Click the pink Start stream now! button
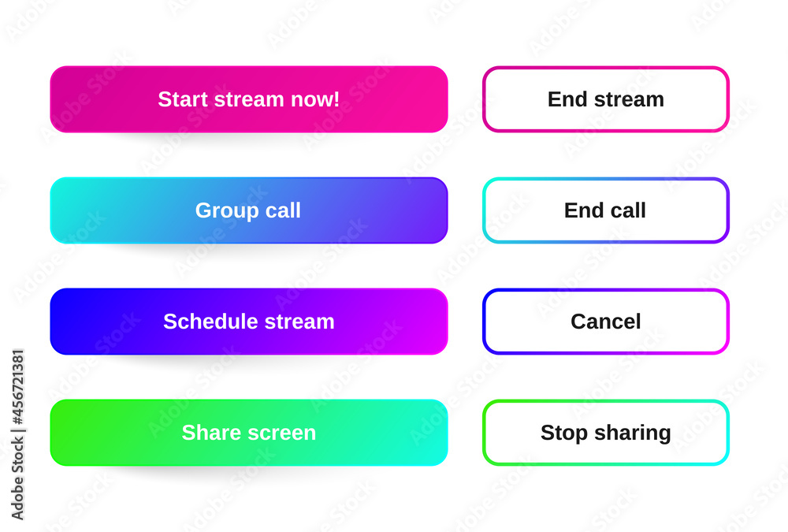click(249, 99)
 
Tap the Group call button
click(249, 210)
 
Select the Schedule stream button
click(249, 322)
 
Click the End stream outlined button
click(605, 99)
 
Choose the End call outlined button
click(605, 210)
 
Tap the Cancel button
click(605, 322)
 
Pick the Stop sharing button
click(605, 433)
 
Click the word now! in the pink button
click(315, 99)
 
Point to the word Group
click(227, 211)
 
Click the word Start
click(183, 99)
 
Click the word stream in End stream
click(629, 100)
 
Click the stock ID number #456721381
click(18, 387)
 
